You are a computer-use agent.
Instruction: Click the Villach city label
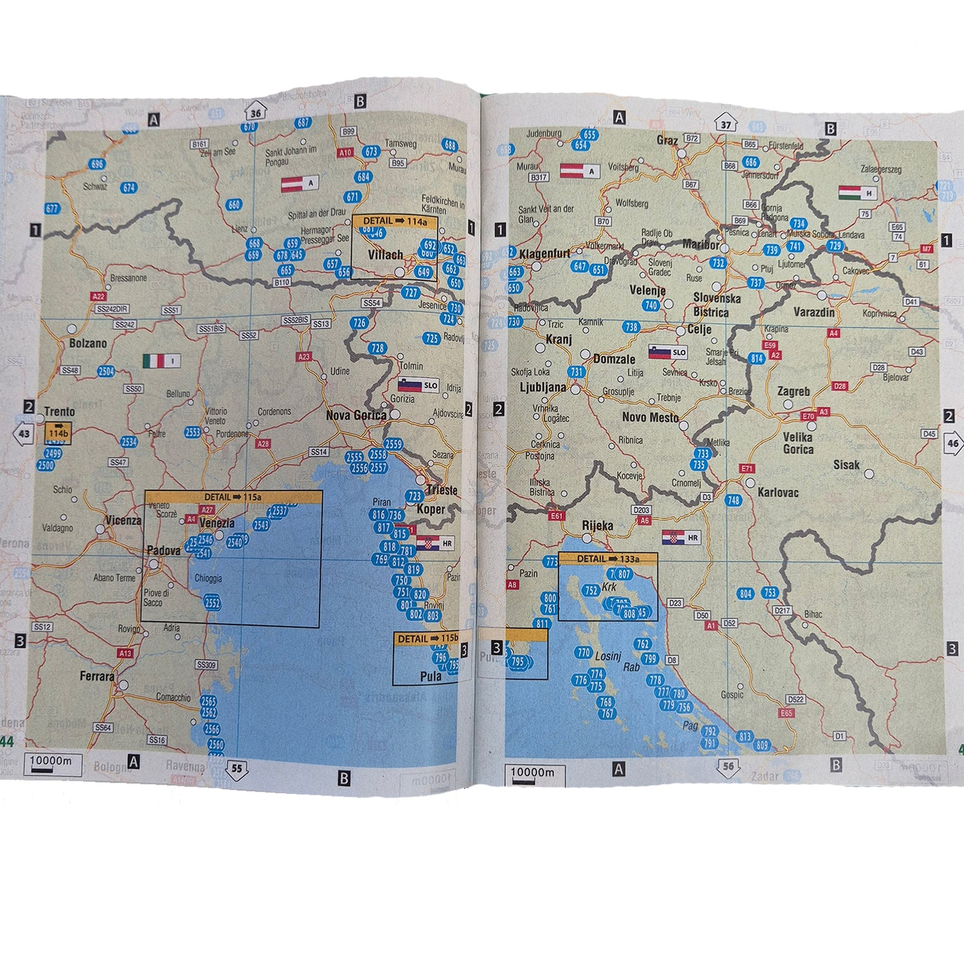pos(386,255)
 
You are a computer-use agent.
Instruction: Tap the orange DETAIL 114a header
pos(395,221)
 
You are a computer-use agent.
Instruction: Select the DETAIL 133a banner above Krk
pos(608,559)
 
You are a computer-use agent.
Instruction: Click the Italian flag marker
pos(161,361)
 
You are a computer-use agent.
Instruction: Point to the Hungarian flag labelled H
pos(858,193)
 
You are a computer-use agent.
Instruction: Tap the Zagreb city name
pos(793,392)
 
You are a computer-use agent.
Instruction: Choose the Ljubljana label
pos(543,388)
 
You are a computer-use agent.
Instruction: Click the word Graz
pos(667,141)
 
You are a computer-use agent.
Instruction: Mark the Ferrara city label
pos(97,676)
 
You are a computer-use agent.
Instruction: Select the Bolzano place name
pos(88,344)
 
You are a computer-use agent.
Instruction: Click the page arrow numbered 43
pos(24,434)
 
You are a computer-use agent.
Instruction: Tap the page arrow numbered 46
pos(953,443)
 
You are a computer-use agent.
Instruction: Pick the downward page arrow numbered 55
pos(237,769)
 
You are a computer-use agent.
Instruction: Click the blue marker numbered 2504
pos(106,372)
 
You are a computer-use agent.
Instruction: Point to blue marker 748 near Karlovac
pos(734,500)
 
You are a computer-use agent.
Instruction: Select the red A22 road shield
pos(99,296)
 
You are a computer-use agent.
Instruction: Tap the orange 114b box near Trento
pos(58,433)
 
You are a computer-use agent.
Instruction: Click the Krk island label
pos(609,588)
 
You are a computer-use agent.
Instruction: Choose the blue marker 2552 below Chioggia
pos(212,603)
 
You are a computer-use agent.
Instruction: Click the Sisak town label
pos(846,465)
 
